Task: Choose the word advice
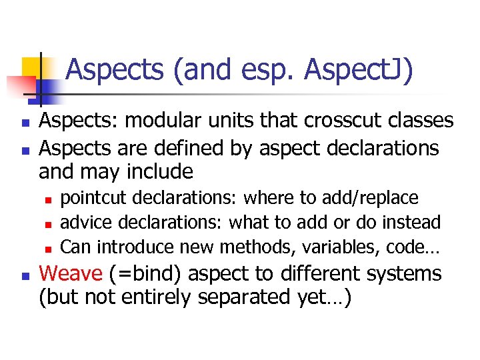(81, 223)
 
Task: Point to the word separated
(255, 298)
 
